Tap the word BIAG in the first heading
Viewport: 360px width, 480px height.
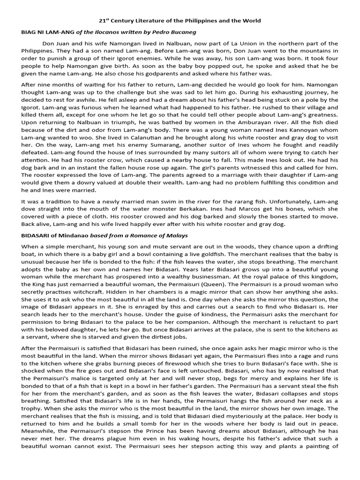30,32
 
